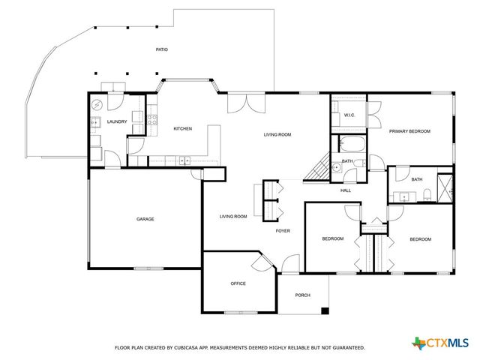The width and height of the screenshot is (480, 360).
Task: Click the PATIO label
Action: click(161, 49)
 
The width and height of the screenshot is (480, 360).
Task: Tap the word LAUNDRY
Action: click(117, 121)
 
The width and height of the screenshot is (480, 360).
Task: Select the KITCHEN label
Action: click(183, 128)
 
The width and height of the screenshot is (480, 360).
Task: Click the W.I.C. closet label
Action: click(349, 115)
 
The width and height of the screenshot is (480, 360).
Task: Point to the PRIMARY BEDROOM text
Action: click(409, 131)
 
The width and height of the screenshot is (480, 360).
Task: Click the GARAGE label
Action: click(145, 219)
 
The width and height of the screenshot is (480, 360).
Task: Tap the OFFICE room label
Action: click(238, 283)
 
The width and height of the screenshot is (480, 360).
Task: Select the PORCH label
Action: click(303, 295)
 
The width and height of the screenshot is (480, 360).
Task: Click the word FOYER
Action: click(283, 231)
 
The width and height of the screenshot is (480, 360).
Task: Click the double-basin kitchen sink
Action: click(183, 160)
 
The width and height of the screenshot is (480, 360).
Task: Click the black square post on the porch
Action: click(324, 310)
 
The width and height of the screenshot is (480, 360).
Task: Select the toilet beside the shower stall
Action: click(427, 196)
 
